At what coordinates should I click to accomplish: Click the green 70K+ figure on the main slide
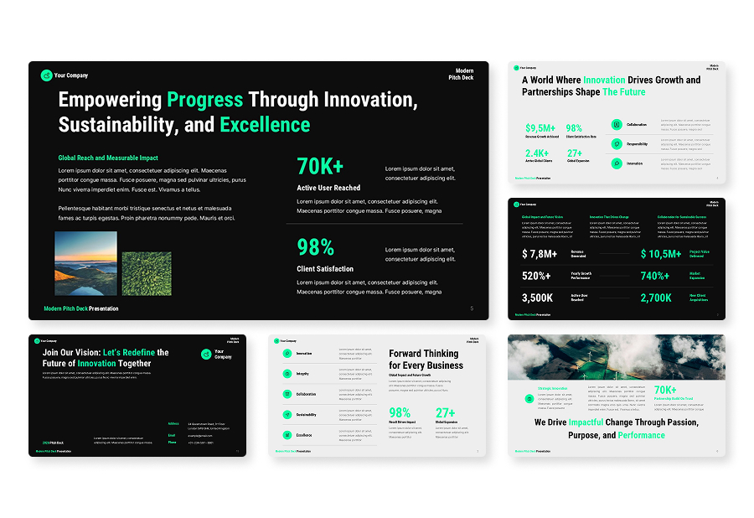(320, 166)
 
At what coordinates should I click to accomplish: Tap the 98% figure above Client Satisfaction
(316, 247)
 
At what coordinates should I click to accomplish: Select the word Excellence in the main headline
(265, 126)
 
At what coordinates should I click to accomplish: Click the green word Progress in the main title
(204, 100)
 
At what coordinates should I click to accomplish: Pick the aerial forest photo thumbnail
(147, 273)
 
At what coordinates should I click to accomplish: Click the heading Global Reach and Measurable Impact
(108, 158)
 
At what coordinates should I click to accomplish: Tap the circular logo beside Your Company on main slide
(46, 75)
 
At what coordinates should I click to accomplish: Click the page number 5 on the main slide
(472, 308)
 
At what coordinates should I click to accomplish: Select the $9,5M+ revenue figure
(540, 128)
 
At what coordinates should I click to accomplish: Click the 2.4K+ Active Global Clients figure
(537, 153)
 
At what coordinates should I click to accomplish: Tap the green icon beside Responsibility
(617, 143)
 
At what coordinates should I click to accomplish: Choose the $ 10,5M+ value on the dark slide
(661, 254)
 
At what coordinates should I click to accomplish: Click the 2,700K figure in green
(656, 298)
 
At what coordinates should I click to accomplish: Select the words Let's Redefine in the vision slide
(129, 353)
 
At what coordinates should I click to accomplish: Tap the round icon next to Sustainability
(287, 414)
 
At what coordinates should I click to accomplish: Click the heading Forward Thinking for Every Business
(426, 360)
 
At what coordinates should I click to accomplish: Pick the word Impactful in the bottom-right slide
(586, 422)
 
